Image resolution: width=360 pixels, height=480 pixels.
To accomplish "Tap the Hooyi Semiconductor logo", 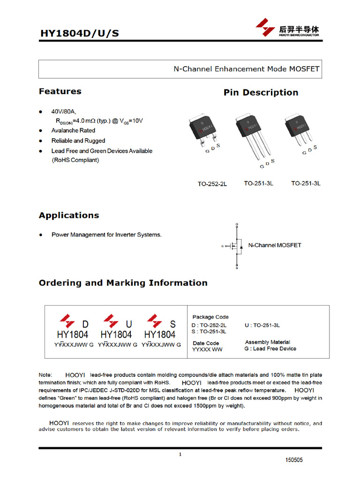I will [x=287, y=28].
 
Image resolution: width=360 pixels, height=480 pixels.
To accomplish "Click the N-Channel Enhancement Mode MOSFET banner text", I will [x=246, y=69].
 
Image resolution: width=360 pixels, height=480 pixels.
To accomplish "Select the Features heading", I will [x=60, y=91].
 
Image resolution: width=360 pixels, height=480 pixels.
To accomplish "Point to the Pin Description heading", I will [x=261, y=93].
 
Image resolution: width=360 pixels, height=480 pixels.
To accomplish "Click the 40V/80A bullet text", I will [x=63, y=112].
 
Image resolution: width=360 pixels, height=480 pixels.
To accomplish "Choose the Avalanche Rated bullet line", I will [x=73, y=131].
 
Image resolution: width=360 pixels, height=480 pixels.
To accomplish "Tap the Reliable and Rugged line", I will [x=78, y=141].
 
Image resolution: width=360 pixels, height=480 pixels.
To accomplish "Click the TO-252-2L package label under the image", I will [x=212, y=184].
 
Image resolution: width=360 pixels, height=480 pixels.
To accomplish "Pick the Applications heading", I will [x=69, y=216].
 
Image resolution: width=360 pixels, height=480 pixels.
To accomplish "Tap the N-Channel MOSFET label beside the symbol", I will [x=274, y=245].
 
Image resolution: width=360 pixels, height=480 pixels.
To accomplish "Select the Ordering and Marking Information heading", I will [x=123, y=283].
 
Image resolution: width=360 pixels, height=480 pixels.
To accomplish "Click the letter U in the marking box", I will [x=129, y=324].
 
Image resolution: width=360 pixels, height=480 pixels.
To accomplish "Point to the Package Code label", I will [x=210, y=317].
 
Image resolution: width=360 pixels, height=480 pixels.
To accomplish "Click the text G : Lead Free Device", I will [x=270, y=349].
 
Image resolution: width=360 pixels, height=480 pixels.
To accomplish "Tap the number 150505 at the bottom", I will [x=294, y=460].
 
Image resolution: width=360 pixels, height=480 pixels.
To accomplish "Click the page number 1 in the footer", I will [x=180, y=454].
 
